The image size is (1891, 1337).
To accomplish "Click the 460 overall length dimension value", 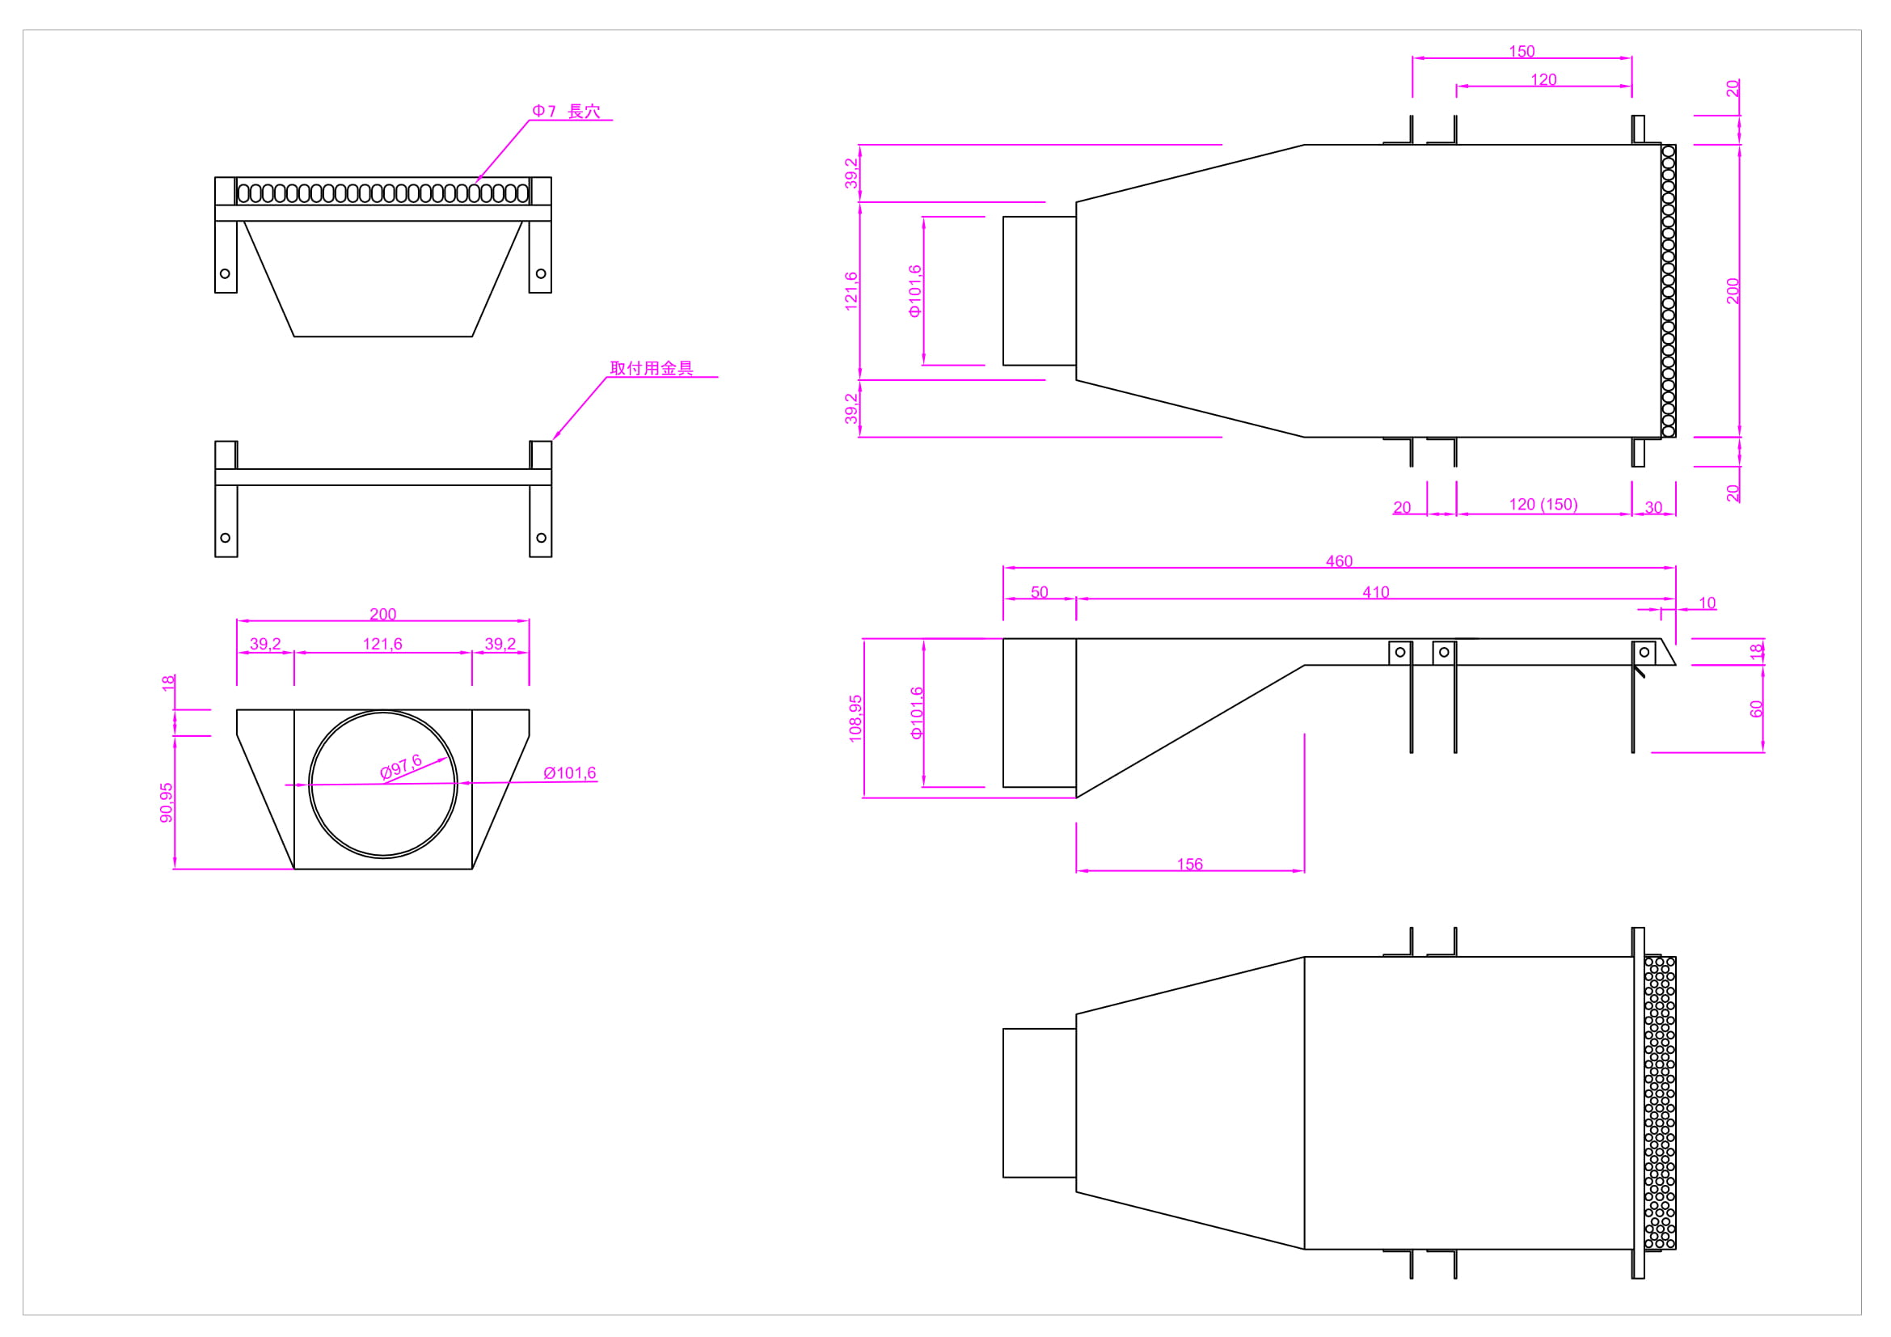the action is [x=1339, y=561].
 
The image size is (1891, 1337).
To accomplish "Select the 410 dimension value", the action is [x=1375, y=592].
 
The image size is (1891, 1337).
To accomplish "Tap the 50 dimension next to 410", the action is [x=1040, y=592].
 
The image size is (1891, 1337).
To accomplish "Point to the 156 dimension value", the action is [x=1189, y=864].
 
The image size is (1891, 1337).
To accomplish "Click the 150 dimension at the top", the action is [x=1522, y=51].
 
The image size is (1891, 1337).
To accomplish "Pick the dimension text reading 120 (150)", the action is [x=1543, y=504].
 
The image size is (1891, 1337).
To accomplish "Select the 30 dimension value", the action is [x=1653, y=507].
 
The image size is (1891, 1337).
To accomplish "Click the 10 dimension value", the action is [x=1707, y=603].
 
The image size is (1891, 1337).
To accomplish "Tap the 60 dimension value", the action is [x=1756, y=709].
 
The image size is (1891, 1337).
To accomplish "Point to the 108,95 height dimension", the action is [x=855, y=718].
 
